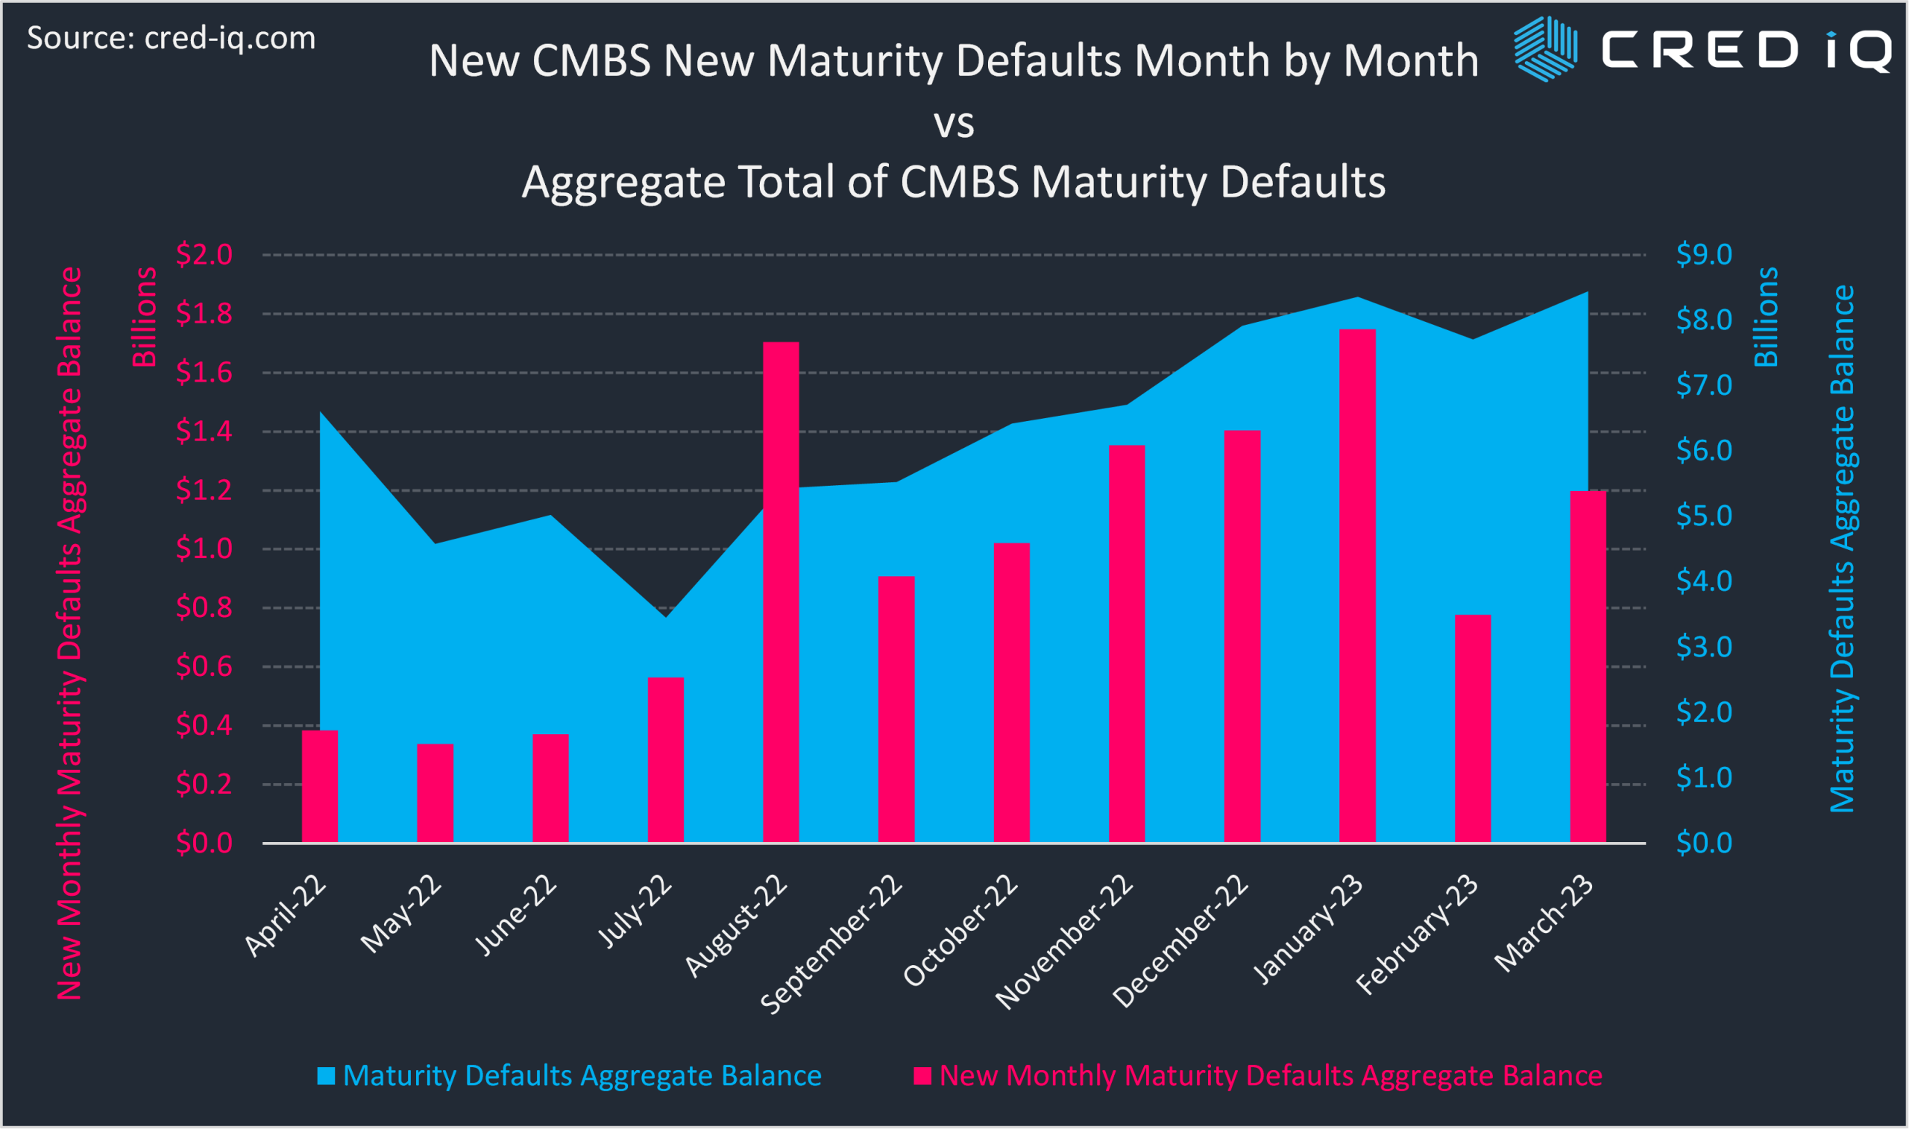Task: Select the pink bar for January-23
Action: click(1357, 586)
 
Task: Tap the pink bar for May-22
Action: click(435, 793)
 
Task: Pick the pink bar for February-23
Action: click(1473, 728)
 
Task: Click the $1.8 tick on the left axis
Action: click(204, 314)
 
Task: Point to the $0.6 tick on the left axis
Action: click(204, 666)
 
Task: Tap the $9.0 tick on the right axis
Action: click(1704, 254)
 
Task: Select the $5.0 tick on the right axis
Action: click(1704, 516)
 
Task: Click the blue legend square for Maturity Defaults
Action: click(326, 1076)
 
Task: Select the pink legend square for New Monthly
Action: click(922, 1076)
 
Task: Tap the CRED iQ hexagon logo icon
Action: click(1545, 48)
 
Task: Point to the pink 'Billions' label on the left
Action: click(144, 317)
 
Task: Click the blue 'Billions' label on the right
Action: click(1766, 317)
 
